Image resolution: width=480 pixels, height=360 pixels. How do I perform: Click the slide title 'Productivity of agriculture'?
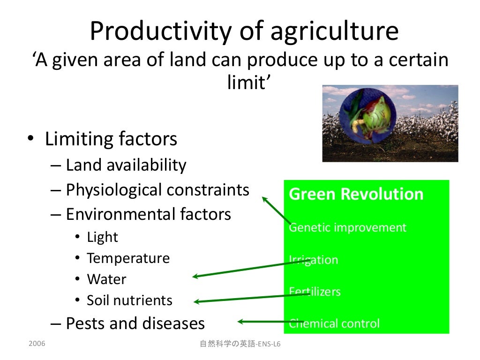tap(244, 31)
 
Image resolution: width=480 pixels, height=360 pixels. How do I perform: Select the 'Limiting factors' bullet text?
tap(111, 139)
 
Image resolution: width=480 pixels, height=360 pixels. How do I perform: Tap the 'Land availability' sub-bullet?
tap(126, 165)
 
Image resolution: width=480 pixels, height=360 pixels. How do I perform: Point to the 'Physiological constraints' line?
tap(157, 190)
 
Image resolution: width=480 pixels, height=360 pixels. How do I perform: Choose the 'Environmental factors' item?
tap(148, 214)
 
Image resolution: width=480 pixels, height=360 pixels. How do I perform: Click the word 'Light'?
tap(102, 237)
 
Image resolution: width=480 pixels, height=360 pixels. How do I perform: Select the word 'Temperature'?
tap(128, 258)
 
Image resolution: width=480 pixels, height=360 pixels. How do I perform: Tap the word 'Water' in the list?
tap(106, 279)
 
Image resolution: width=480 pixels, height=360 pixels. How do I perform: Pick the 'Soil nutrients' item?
tap(129, 300)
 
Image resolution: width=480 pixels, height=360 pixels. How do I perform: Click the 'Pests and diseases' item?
tap(135, 323)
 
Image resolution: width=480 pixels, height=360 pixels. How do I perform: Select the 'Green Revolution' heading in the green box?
tap(356, 194)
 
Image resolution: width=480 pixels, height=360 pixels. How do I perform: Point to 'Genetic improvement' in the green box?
tap(347, 228)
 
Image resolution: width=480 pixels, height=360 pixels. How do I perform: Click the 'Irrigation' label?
tap(313, 260)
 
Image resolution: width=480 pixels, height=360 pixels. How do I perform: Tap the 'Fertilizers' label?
tap(315, 292)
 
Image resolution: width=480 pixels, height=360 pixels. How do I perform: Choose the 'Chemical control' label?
tap(334, 323)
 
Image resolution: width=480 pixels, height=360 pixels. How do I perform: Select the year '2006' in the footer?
tap(37, 344)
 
